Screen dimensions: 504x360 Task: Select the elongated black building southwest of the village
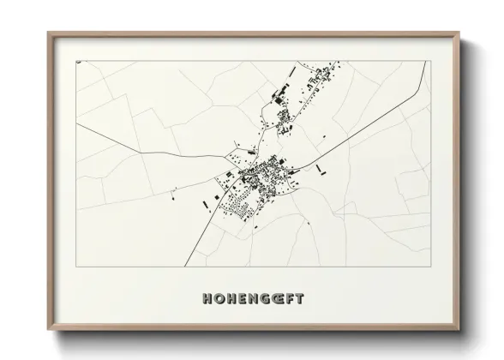(206, 204)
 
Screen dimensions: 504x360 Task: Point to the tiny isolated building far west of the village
(175, 192)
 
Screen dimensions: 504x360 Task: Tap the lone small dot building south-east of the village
(307, 224)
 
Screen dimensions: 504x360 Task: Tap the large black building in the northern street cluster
(276, 92)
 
